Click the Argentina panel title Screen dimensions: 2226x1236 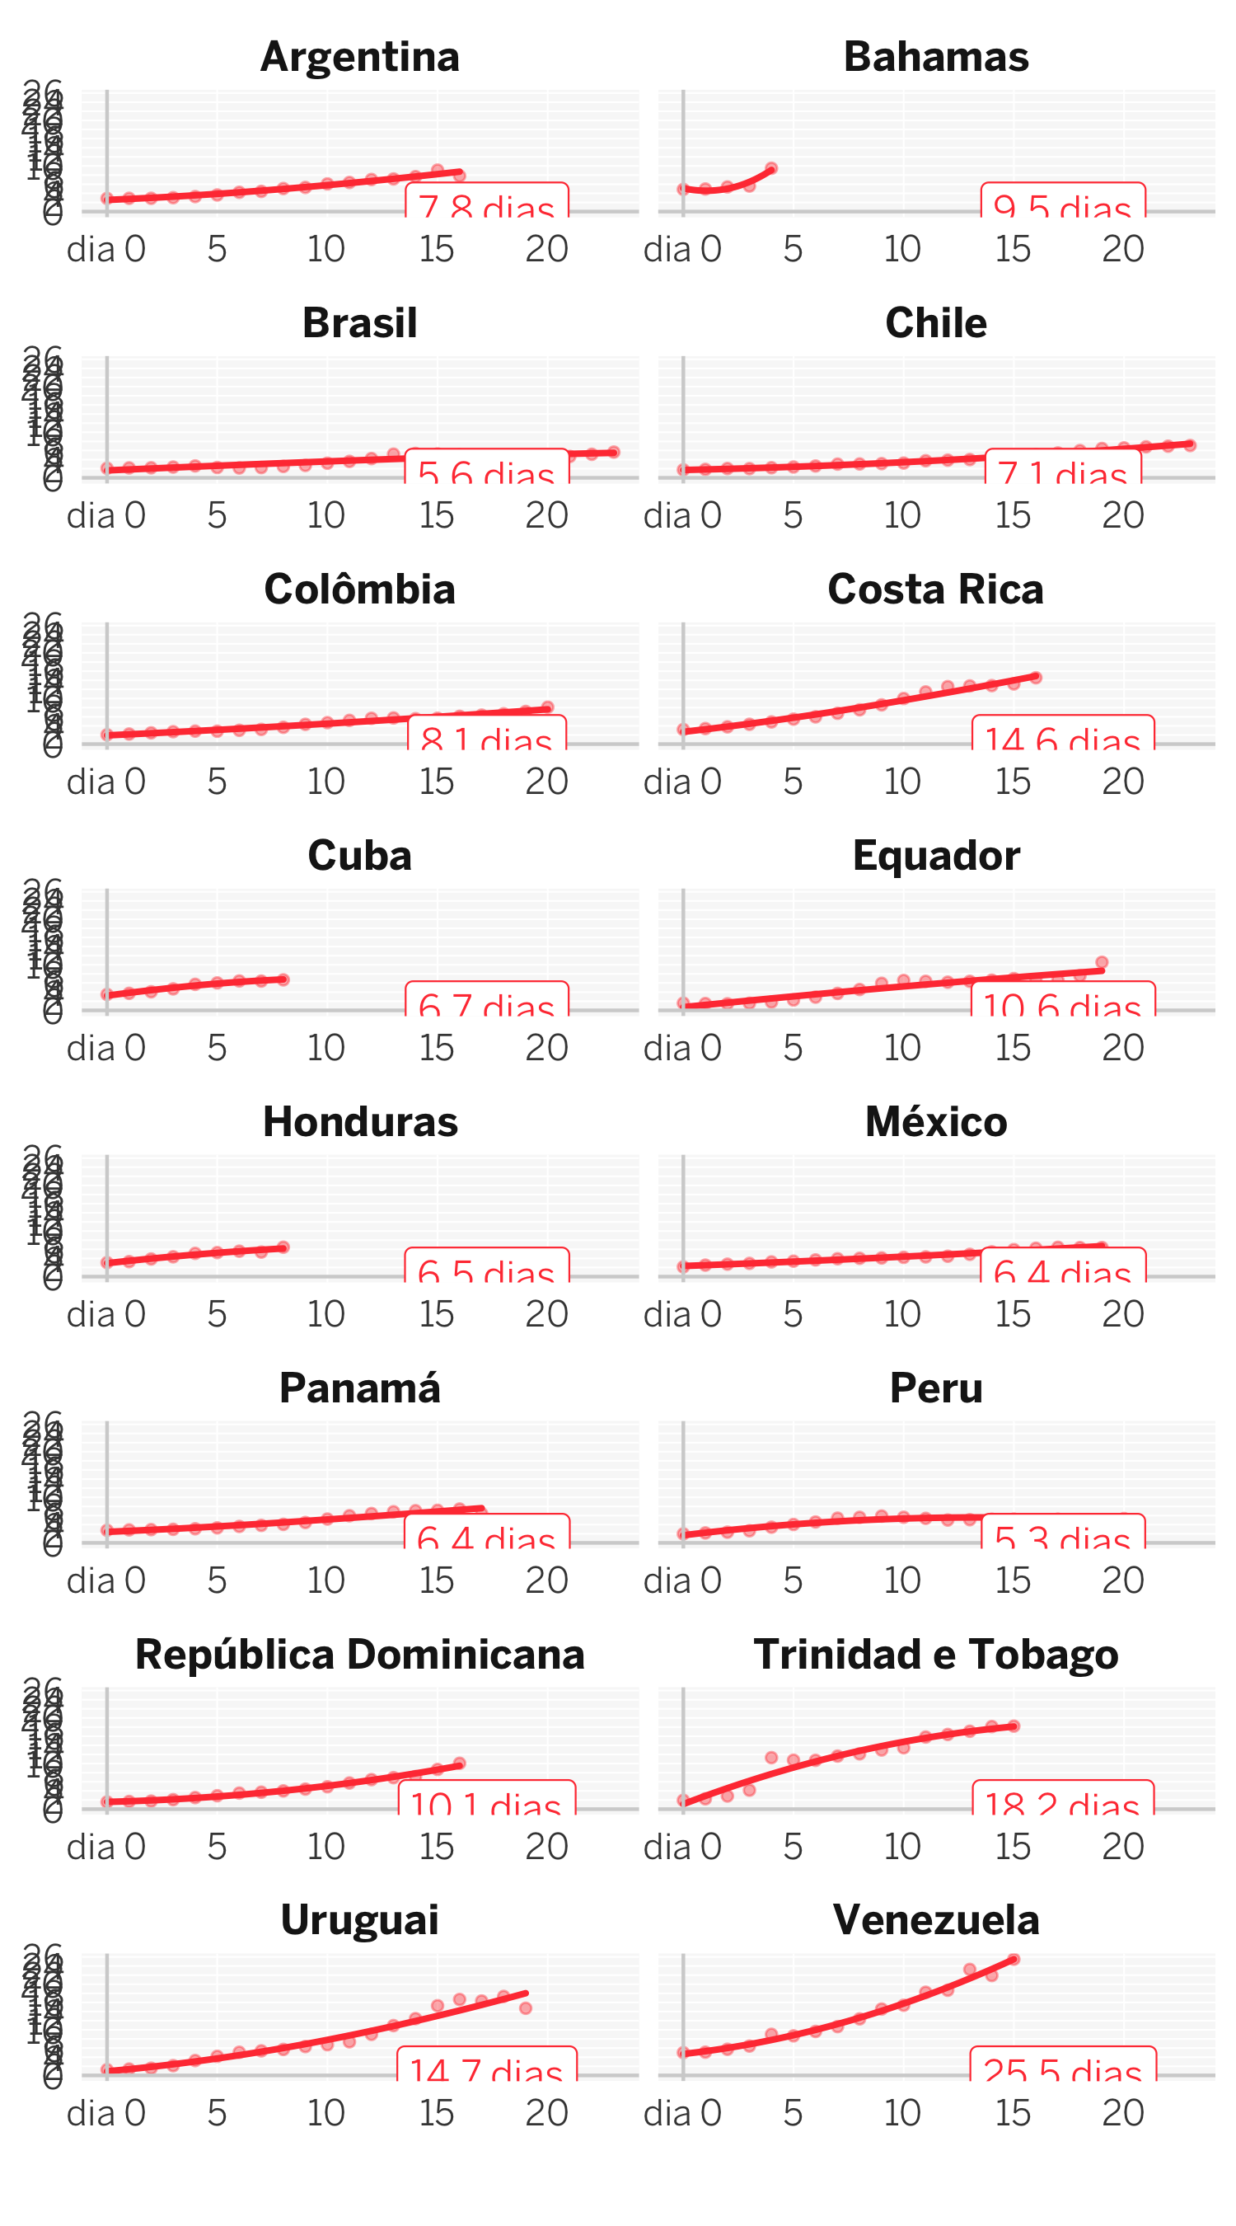[x=359, y=57]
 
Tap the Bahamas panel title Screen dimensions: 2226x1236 [x=935, y=57]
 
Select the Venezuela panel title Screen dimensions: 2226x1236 [x=935, y=1920]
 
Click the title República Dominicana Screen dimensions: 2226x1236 [x=359, y=1654]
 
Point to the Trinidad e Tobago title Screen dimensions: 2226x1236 [x=935, y=1654]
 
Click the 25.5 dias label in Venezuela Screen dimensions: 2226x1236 [x=1062, y=2070]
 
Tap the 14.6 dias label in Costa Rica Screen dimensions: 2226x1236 [x=1062, y=740]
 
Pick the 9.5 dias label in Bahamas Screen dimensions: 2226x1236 [x=1062, y=208]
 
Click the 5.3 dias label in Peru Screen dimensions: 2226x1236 [x=1062, y=1538]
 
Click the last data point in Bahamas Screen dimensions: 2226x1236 [x=771, y=168]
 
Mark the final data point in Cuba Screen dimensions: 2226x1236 [x=283, y=979]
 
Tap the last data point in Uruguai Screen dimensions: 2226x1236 [x=525, y=2008]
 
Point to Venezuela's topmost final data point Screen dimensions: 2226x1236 [x=1014, y=1959]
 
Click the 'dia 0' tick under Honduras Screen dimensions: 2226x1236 [x=106, y=1314]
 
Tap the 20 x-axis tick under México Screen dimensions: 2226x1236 [x=1123, y=1314]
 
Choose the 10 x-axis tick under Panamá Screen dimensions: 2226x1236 [x=326, y=1580]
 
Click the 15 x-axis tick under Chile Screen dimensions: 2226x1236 [x=1014, y=516]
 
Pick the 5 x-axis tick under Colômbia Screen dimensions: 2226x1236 [x=217, y=782]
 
